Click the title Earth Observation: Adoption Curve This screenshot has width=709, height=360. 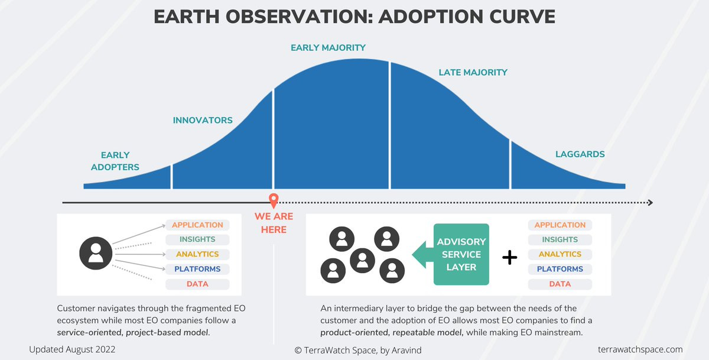(x=354, y=16)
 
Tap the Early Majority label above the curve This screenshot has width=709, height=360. (x=328, y=47)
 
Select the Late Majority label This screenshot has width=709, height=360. (x=473, y=72)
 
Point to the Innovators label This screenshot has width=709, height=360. (x=203, y=120)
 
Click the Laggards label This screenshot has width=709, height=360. (x=580, y=154)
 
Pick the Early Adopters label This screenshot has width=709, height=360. (x=115, y=161)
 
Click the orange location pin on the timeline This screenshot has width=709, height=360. (x=273, y=200)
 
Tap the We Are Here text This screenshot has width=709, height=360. (x=274, y=223)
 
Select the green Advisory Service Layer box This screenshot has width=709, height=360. (x=461, y=254)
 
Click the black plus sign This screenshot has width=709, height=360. (x=509, y=257)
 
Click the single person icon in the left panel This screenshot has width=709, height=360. (x=95, y=254)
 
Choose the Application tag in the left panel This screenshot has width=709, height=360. (x=197, y=225)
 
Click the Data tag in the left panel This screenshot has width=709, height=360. (x=197, y=284)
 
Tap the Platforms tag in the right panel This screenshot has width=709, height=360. (x=560, y=270)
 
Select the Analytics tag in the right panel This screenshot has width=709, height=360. (x=560, y=255)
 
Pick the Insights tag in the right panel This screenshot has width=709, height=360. (x=560, y=240)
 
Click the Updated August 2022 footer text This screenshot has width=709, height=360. (x=72, y=349)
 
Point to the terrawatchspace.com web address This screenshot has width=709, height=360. (x=640, y=349)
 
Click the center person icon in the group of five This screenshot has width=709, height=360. (x=363, y=258)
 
